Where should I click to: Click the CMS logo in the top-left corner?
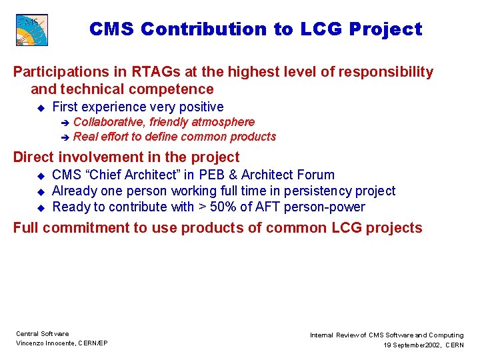(x=31, y=30)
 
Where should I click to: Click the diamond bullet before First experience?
(x=40, y=107)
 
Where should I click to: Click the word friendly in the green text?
(x=169, y=122)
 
